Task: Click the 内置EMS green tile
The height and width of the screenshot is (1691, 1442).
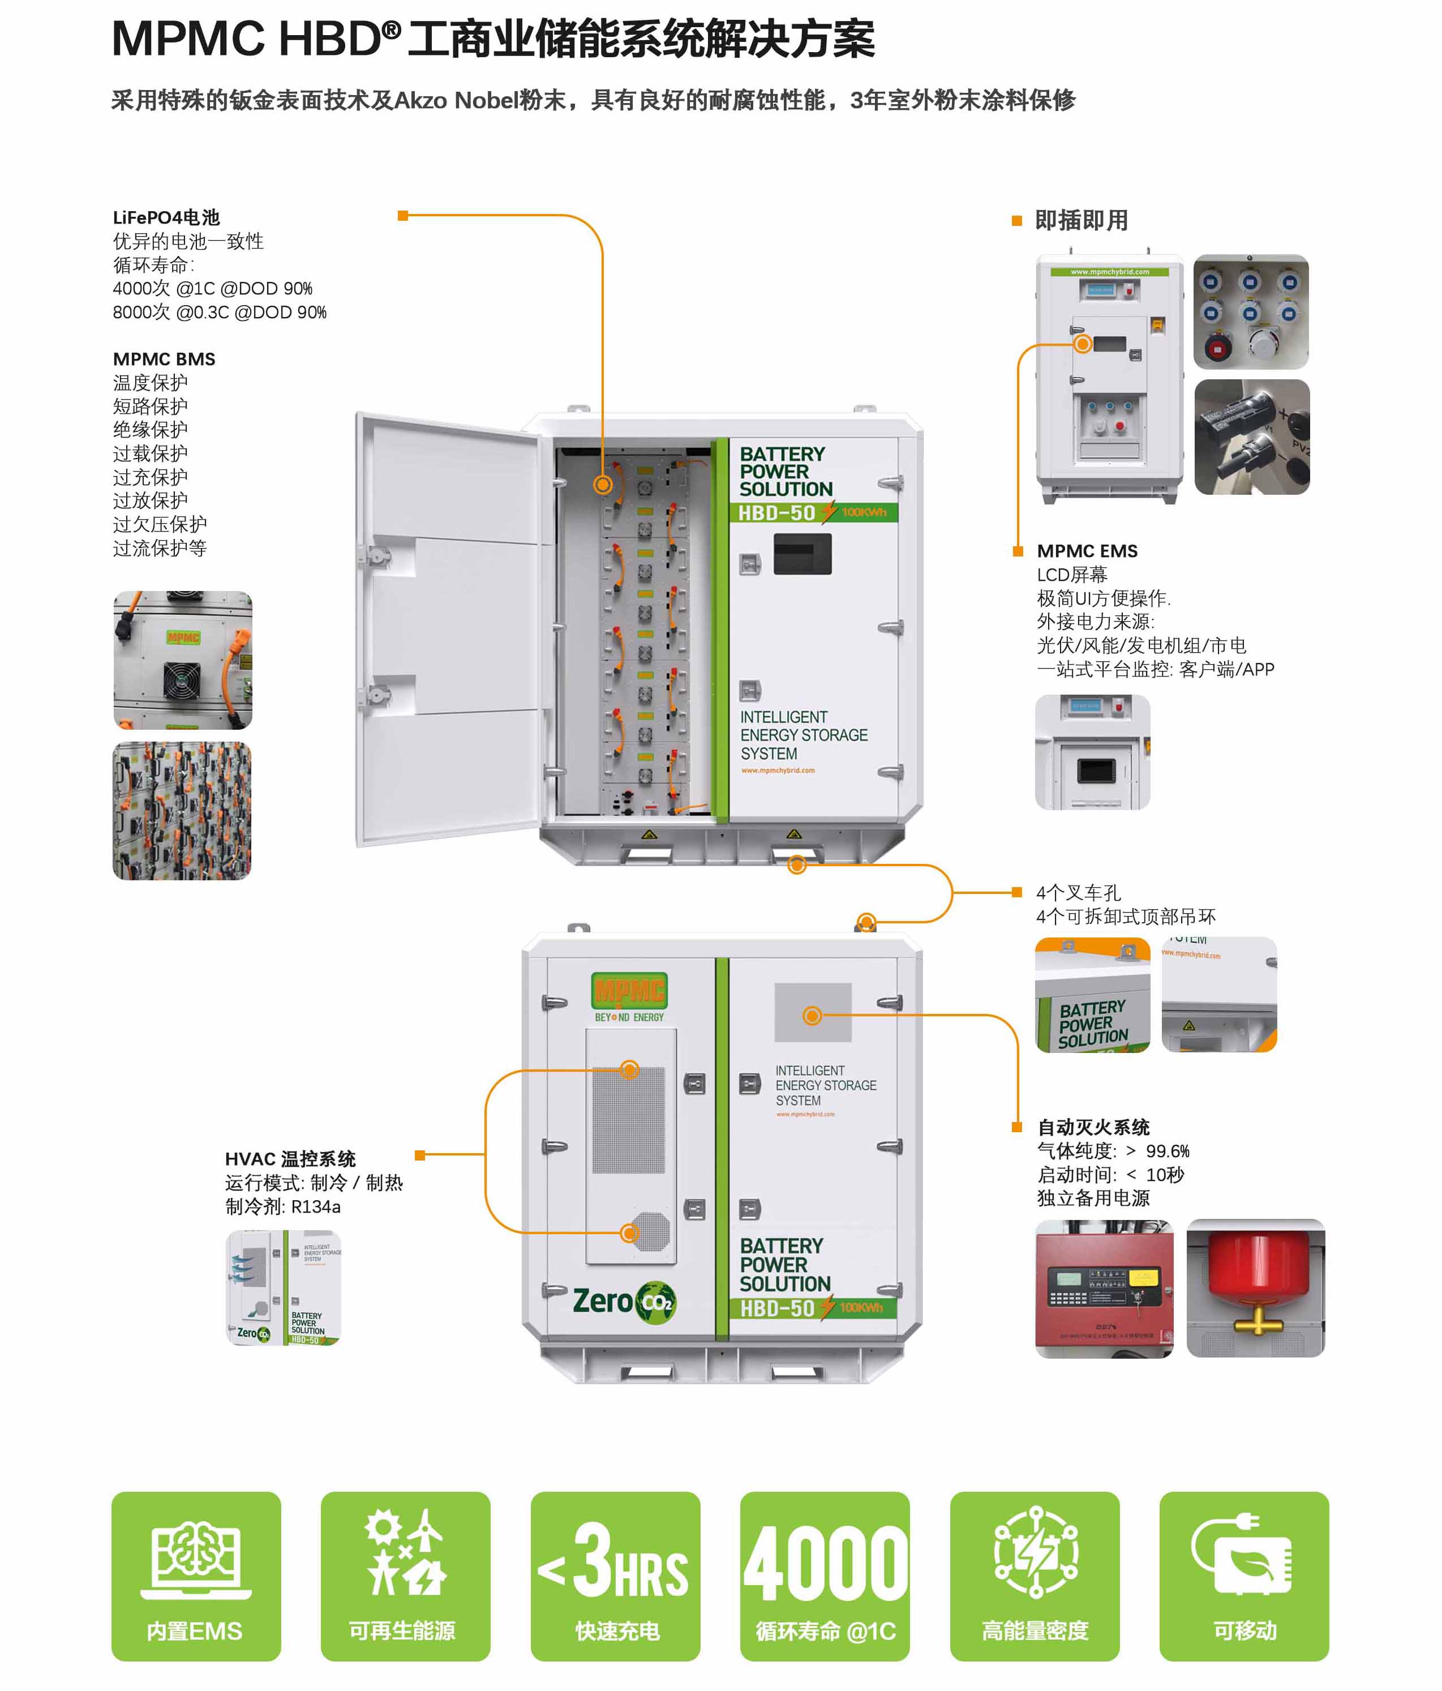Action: click(196, 1575)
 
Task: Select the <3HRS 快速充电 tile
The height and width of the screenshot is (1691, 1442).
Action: click(615, 1575)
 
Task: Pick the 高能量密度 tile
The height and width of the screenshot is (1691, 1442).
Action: click(1034, 1575)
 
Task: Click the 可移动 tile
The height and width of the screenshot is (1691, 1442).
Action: click(1244, 1575)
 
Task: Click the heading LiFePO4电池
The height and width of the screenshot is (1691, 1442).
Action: click(166, 217)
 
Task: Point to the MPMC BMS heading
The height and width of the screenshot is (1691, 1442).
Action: click(164, 359)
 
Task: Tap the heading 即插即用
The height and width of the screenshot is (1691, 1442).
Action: click(1081, 220)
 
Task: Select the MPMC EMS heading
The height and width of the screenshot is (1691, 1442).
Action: click(1087, 551)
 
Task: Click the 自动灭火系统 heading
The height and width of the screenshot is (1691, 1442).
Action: click(1093, 1127)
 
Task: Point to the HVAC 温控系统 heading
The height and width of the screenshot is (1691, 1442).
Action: click(290, 1159)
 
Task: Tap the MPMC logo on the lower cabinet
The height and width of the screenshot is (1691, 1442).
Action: click(629, 992)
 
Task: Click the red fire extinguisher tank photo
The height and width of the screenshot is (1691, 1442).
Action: click(1255, 1288)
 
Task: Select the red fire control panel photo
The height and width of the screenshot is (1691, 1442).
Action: click(1104, 1288)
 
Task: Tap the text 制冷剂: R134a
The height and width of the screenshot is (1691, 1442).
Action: click(283, 1206)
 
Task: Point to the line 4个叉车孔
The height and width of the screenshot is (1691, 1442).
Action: click(1078, 893)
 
